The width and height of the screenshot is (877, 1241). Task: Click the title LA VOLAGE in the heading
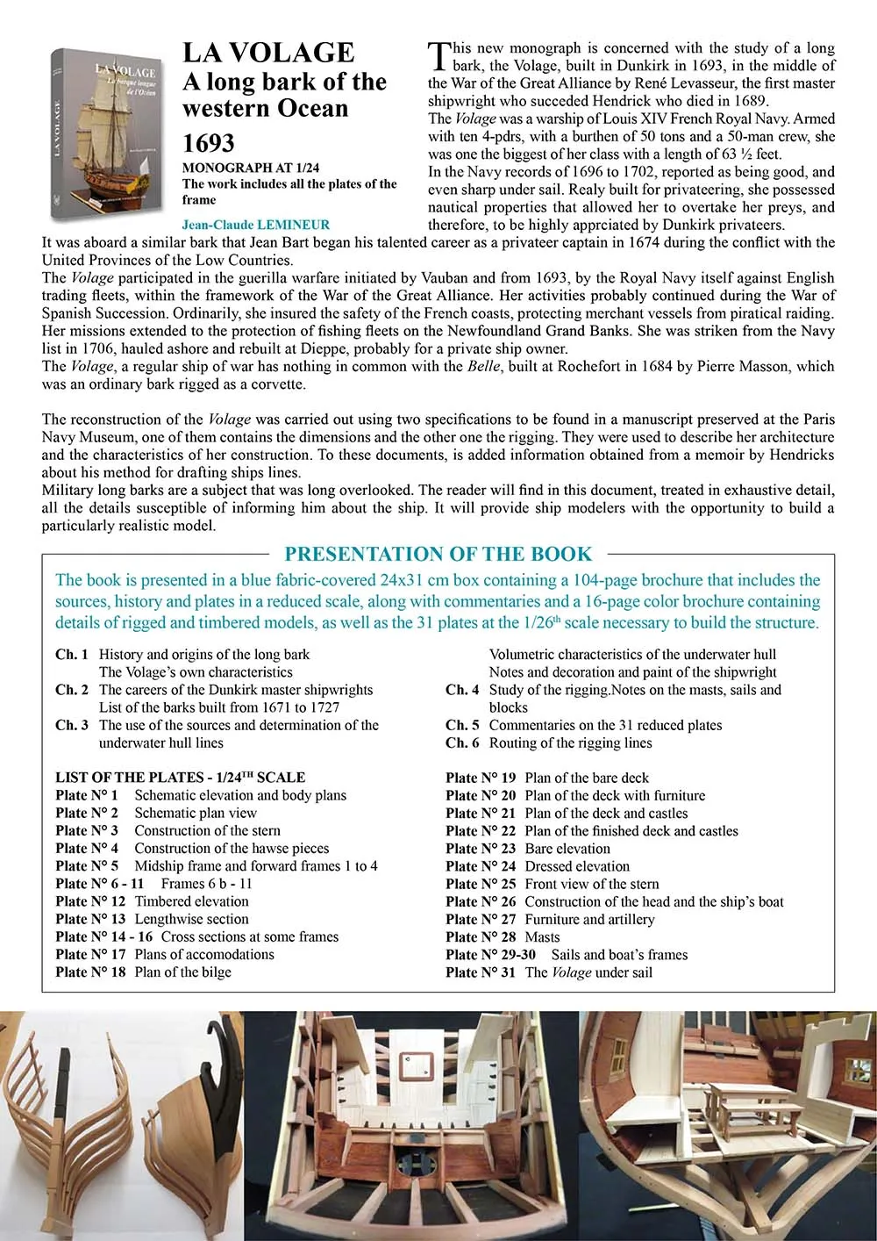point(268,54)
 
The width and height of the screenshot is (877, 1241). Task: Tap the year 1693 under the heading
point(209,143)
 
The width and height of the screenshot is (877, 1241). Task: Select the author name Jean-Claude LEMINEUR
point(256,225)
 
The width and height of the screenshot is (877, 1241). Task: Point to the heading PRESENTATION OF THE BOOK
point(438,554)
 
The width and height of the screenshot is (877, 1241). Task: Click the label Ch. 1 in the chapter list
point(72,655)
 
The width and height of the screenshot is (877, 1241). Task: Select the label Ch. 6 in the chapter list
point(462,742)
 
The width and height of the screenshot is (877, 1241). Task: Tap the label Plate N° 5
point(87,866)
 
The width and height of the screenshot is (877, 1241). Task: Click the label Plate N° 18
point(90,972)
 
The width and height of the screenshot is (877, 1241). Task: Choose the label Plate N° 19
point(481,778)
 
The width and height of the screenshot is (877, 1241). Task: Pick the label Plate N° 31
point(481,972)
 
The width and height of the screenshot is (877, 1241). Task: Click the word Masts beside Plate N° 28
point(542,937)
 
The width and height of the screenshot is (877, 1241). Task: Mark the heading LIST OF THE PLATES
point(180,778)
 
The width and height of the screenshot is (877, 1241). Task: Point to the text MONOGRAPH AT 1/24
point(251,168)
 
